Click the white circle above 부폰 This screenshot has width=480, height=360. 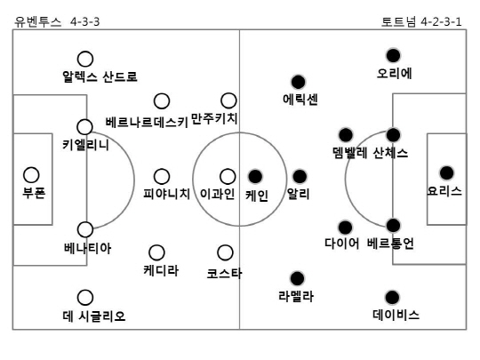click(x=31, y=175)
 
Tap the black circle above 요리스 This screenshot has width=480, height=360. click(x=446, y=173)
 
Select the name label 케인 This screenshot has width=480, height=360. click(x=257, y=196)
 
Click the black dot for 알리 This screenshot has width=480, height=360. click(x=300, y=176)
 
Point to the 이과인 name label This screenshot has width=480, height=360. click(x=218, y=194)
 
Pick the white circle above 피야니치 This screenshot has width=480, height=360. click(x=162, y=177)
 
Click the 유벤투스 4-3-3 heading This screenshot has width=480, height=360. click(x=57, y=21)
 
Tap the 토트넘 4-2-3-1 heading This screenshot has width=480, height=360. click(x=421, y=21)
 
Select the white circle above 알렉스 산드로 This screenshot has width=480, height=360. click(x=85, y=59)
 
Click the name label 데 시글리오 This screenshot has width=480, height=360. click(x=94, y=316)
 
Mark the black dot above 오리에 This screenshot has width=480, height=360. click(x=393, y=55)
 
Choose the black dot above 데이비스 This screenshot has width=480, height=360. click(x=392, y=297)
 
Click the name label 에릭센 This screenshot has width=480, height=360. click(x=300, y=100)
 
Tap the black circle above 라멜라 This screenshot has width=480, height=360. click(x=297, y=278)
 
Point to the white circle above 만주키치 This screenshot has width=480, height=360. click(x=228, y=100)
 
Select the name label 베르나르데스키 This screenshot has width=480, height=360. click(x=147, y=122)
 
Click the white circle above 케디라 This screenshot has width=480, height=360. click(x=156, y=252)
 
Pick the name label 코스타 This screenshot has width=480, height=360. click(x=224, y=274)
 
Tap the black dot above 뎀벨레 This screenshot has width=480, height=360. click(x=346, y=135)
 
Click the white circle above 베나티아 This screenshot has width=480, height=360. click(x=85, y=229)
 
